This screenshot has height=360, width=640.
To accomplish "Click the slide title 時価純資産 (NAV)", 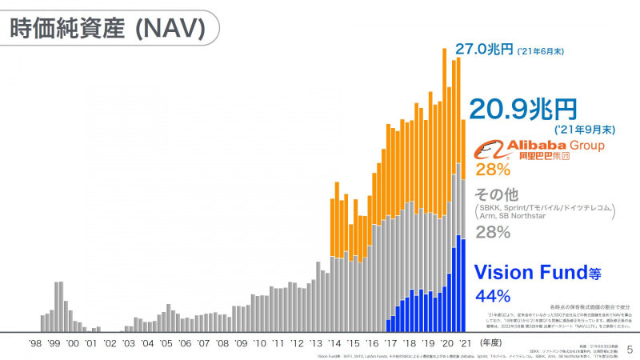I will click(x=108, y=27).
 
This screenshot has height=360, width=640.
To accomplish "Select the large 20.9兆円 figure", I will click(x=522, y=108).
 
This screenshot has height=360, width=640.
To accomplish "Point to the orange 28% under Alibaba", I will click(x=493, y=170).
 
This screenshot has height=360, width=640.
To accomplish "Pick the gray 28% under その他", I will click(x=493, y=232).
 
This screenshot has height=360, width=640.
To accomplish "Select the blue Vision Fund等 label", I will click(x=537, y=274).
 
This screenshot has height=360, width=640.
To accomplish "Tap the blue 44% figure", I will click(x=493, y=296).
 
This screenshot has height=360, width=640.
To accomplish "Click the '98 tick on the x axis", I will click(x=35, y=342).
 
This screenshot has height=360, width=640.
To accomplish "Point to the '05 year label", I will click(x=166, y=342).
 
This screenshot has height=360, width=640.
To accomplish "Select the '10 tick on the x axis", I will click(x=258, y=342).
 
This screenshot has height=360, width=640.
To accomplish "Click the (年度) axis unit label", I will click(x=495, y=342).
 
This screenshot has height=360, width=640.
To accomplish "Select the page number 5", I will click(x=629, y=349).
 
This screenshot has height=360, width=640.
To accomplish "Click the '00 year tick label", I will click(x=73, y=342).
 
